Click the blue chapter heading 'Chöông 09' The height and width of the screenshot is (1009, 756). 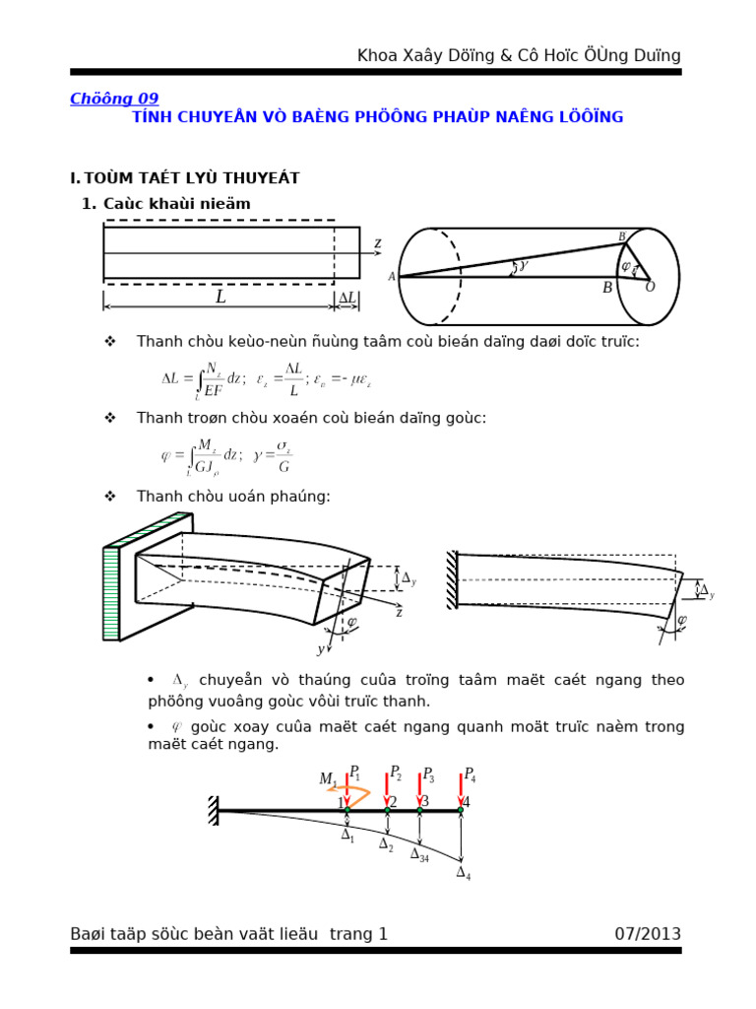pyautogui.click(x=114, y=99)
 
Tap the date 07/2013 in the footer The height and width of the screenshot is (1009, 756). pyautogui.click(x=647, y=933)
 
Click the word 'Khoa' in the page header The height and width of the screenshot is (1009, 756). pyautogui.click(x=379, y=56)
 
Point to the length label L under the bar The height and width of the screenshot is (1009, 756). pyautogui.click(x=220, y=297)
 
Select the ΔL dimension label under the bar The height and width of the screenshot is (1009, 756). pyautogui.click(x=347, y=297)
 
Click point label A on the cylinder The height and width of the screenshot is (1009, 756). pyautogui.click(x=392, y=277)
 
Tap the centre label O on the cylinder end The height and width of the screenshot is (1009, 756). pyautogui.click(x=650, y=287)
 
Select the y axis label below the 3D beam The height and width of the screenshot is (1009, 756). pyautogui.click(x=320, y=649)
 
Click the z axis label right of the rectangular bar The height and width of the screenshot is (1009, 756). pyautogui.click(x=377, y=243)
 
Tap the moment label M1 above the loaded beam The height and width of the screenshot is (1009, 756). pyautogui.click(x=328, y=779)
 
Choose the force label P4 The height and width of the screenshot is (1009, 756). pyautogui.click(x=470, y=774)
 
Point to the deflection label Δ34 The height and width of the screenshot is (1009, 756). pyautogui.click(x=419, y=854)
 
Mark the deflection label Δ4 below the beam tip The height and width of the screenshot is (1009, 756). pyautogui.click(x=463, y=872)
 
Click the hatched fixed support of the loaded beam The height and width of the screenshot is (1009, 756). pyautogui.click(x=213, y=810)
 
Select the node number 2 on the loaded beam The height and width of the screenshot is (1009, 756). pyautogui.click(x=393, y=801)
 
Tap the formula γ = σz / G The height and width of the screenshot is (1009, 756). pyautogui.click(x=273, y=455)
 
